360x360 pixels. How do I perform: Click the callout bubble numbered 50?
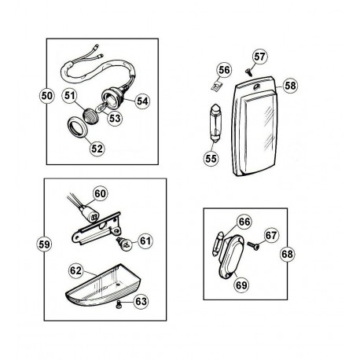point(47,96)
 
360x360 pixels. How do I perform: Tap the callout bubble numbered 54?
point(142,101)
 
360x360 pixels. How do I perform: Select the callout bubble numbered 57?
point(260,57)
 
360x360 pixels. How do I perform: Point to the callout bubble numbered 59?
point(44,244)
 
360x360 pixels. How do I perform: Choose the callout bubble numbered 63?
point(141,301)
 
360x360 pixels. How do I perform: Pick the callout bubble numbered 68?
point(287,254)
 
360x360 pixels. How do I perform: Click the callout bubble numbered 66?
point(244,222)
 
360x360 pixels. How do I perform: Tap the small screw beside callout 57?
point(248,71)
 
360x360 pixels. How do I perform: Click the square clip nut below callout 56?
point(216,86)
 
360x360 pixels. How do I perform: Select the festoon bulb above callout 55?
point(216,123)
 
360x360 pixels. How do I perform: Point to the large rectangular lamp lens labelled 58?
point(254,127)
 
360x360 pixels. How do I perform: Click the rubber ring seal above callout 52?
point(78,127)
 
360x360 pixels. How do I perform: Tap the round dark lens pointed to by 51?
point(90,115)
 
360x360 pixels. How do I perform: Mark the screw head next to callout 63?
point(119,305)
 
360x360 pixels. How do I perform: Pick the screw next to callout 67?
point(253,245)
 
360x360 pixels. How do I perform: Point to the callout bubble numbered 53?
point(115,119)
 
